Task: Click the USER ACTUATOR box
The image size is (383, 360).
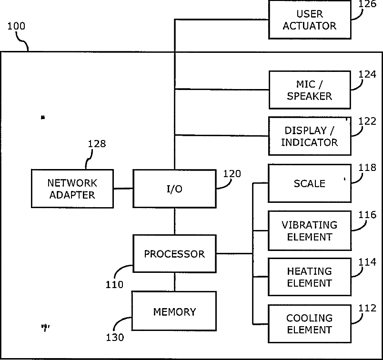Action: [x=310, y=20]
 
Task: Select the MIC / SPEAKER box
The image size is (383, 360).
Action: [x=310, y=90]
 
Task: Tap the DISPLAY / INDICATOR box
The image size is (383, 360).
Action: [x=310, y=136]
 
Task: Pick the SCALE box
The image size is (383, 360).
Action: [x=310, y=183]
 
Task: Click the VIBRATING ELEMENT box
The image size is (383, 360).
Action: [x=310, y=230]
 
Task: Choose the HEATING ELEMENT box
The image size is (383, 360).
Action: [x=310, y=277]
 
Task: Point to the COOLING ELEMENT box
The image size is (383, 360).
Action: [x=310, y=324]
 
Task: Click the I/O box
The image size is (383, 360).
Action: [x=174, y=189]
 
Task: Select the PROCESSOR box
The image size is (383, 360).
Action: [x=174, y=254]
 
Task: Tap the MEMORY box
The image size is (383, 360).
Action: [x=174, y=311]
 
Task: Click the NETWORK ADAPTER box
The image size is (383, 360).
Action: [x=72, y=189]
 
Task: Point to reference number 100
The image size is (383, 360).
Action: [x=16, y=26]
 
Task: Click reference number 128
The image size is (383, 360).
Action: [x=97, y=144]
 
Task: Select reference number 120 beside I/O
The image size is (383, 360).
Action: [x=232, y=174]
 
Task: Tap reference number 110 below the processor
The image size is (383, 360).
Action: [x=114, y=285]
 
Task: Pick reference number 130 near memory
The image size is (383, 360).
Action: [x=115, y=337]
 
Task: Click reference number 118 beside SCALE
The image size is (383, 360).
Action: [x=367, y=168]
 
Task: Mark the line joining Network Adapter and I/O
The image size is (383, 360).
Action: [x=123, y=189]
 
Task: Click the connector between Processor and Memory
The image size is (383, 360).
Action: [x=175, y=282]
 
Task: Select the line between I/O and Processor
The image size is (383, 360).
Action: [x=175, y=221]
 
